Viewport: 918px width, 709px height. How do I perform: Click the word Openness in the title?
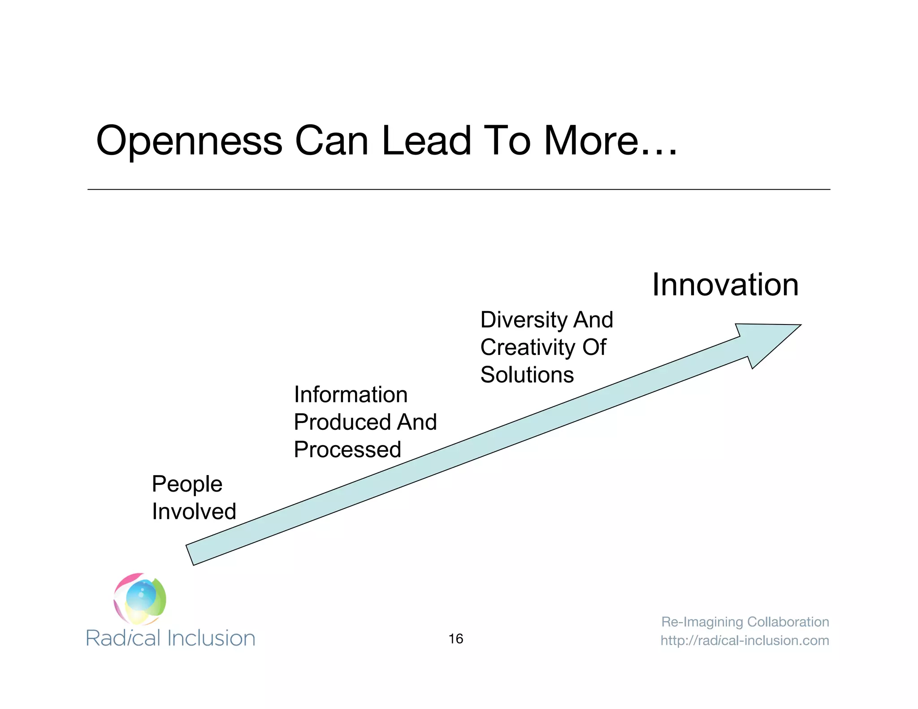tap(189, 141)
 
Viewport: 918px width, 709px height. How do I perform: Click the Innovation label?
tap(725, 285)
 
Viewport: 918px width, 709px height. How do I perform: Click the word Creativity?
tap(528, 348)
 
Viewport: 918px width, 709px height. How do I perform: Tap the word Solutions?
tap(527, 375)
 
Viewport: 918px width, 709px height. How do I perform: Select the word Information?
tap(351, 395)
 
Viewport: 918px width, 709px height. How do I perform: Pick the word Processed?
tap(347, 450)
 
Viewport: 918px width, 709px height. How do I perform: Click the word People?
tap(187, 484)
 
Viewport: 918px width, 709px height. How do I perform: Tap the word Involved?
tap(194, 511)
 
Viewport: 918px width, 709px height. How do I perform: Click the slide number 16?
tap(455, 639)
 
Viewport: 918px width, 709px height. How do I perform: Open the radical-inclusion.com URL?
tap(745, 640)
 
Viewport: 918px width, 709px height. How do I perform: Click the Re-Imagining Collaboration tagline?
tap(745, 622)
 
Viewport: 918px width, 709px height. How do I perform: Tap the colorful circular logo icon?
tap(140, 599)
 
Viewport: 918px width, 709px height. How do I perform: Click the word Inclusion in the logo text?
tap(211, 638)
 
